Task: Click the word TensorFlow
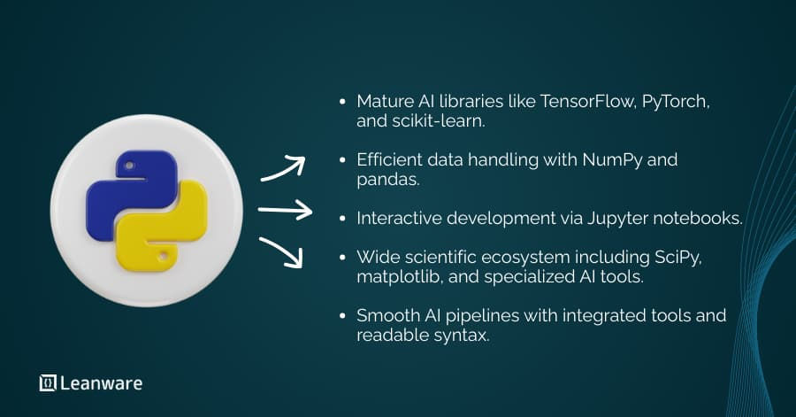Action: click(591, 102)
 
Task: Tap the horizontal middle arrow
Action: click(285, 211)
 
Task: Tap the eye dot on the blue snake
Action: click(129, 166)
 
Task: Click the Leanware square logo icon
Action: click(48, 383)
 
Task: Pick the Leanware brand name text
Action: click(102, 383)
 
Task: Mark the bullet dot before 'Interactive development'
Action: click(342, 219)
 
